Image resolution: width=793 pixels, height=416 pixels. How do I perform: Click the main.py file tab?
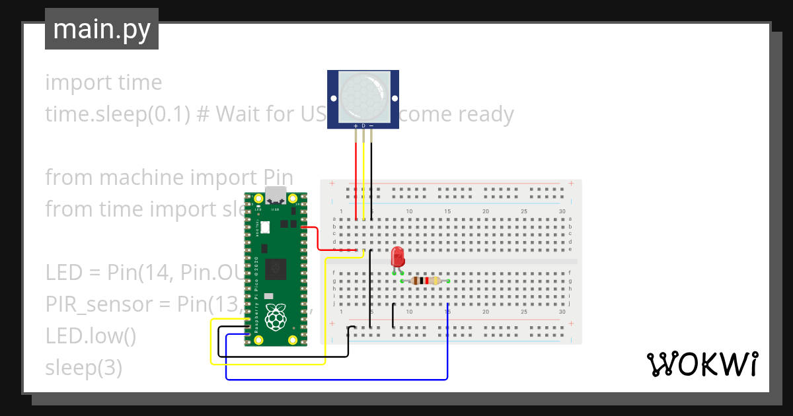click(101, 29)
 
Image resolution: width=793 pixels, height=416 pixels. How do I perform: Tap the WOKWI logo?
click(701, 364)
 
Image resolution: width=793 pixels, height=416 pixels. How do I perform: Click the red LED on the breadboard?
click(397, 256)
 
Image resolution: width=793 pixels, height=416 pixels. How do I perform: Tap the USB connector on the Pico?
click(276, 196)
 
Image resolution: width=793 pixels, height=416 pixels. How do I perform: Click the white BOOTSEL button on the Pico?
click(265, 227)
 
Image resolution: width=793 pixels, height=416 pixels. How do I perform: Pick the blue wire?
click(337, 379)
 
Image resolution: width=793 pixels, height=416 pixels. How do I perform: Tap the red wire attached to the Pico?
click(319, 241)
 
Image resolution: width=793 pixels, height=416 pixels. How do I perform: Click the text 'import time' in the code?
click(103, 83)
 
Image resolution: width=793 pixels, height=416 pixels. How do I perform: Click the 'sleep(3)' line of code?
click(83, 367)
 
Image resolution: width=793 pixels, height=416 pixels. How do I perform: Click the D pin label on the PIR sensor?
click(363, 125)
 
